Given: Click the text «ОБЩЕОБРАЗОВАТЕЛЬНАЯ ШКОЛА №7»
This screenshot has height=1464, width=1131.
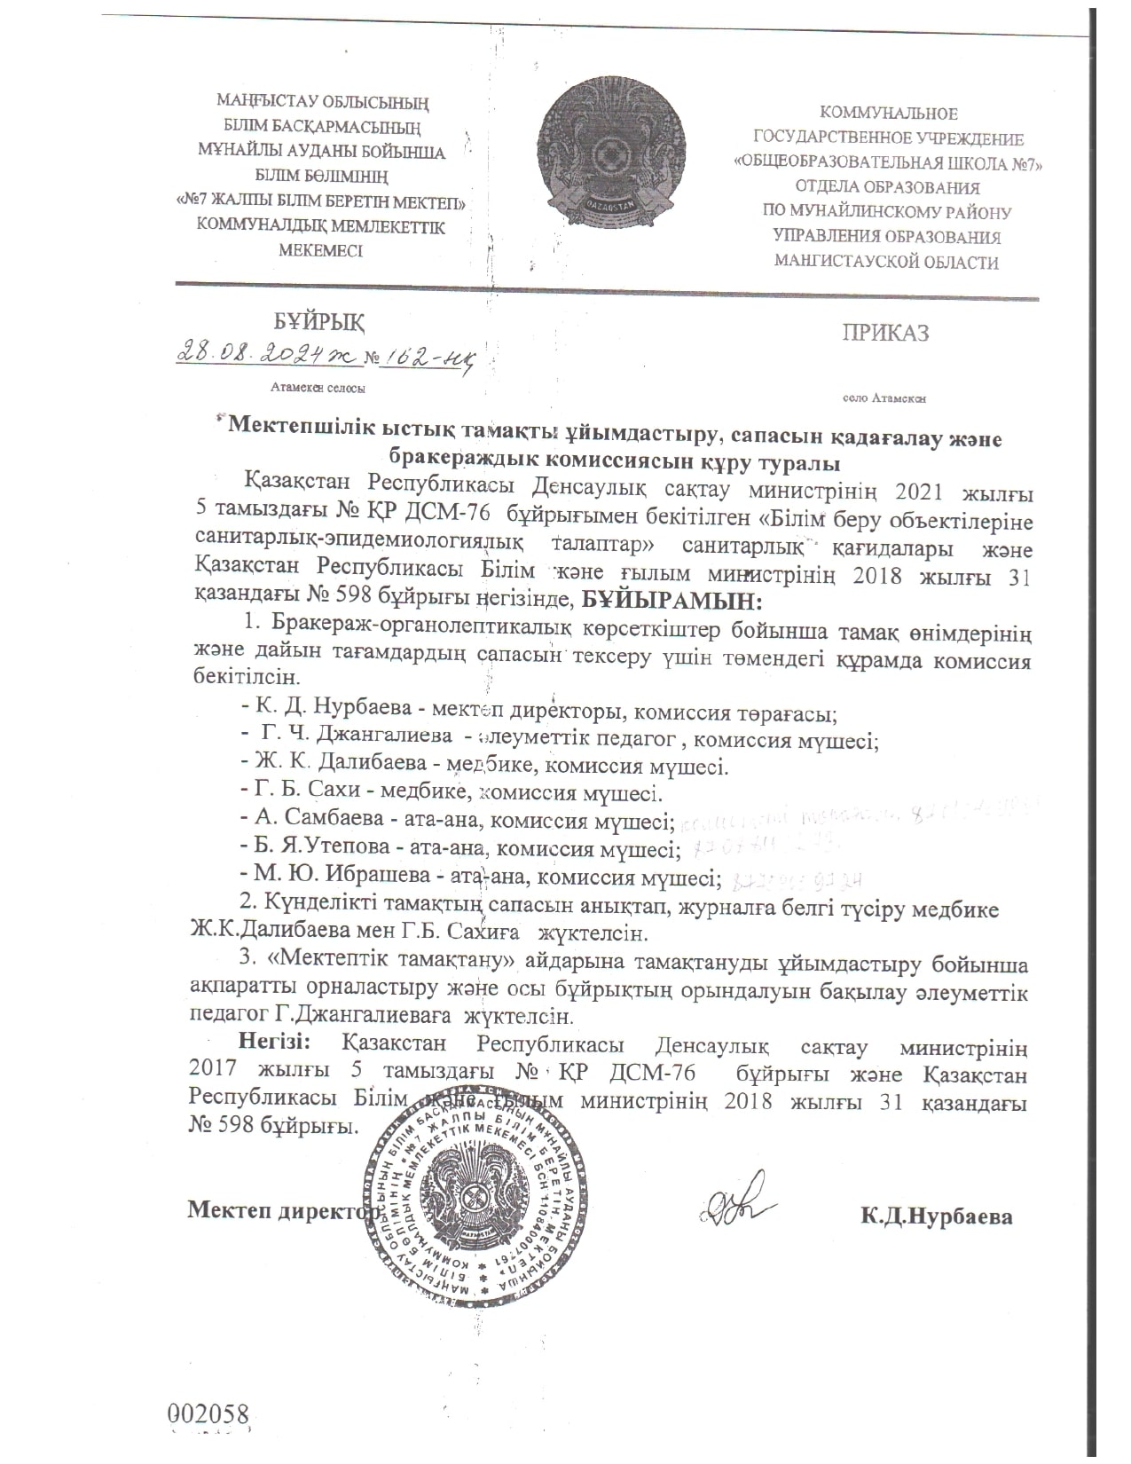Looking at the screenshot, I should tap(888, 163).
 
